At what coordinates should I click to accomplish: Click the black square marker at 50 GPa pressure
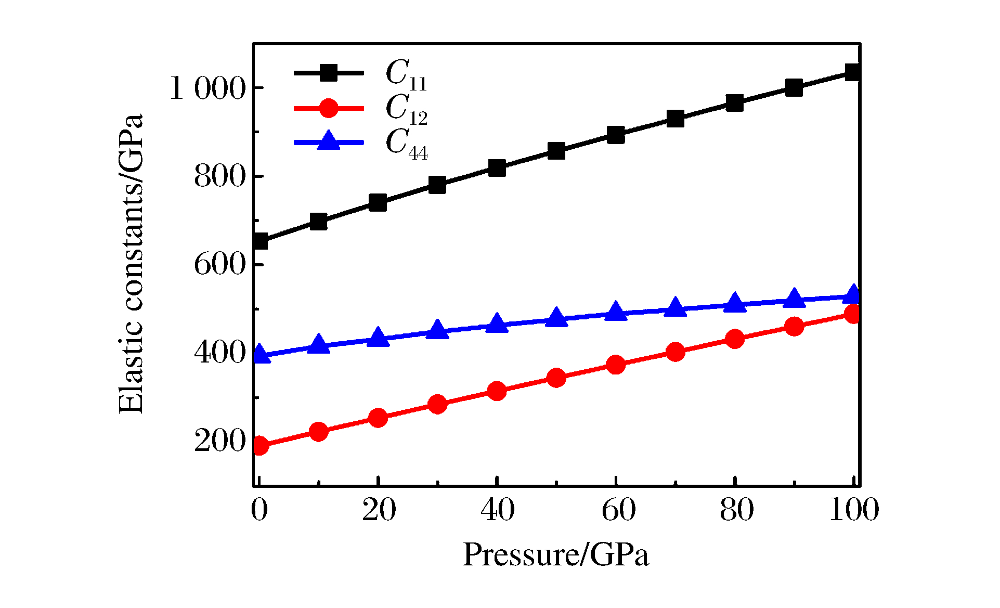click(x=556, y=151)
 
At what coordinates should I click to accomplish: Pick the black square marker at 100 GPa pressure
click(x=853, y=72)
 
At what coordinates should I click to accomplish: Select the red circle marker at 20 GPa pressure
click(x=378, y=418)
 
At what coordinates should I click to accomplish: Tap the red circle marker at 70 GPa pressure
click(x=675, y=352)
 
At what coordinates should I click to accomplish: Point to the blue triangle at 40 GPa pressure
click(x=497, y=324)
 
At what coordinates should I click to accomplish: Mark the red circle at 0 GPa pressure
click(x=259, y=445)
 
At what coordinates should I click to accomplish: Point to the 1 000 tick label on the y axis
click(x=207, y=89)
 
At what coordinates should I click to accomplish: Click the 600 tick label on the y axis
click(x=219, y=265)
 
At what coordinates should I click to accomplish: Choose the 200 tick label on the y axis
click(x=219, y=441)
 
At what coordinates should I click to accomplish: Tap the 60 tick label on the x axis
click(x=618, y=510)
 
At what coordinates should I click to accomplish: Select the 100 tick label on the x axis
click(x=853, y=510)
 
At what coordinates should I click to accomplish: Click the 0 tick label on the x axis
click(x=259, y=510)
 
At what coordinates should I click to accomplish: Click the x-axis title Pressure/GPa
click(x=556, y=554)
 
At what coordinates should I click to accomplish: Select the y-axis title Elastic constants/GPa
click(x=131, y=264)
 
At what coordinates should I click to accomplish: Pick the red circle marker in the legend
click(x=328, y=108)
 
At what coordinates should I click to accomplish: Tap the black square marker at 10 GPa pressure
click(x=318, y=222)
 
